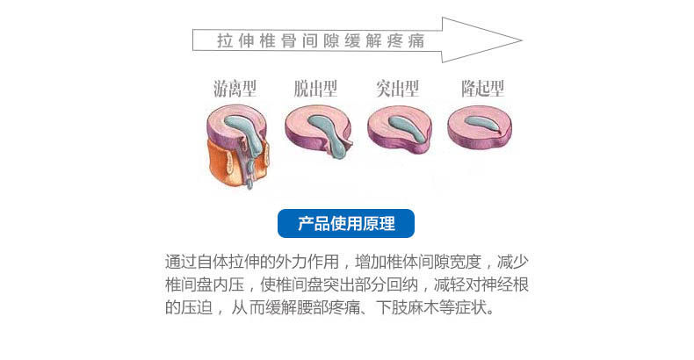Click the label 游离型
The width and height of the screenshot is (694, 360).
[235, 89]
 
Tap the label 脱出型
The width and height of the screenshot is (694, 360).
[315, 89]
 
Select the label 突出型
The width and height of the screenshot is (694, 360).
[397, 89]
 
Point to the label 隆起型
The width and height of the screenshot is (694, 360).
[482, 89]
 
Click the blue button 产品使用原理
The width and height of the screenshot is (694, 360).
[346, 224]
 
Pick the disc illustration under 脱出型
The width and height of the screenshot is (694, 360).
[318, 130]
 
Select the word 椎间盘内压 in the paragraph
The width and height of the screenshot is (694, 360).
[207, 285]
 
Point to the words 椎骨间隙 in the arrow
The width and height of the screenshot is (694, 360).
[300, 41]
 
